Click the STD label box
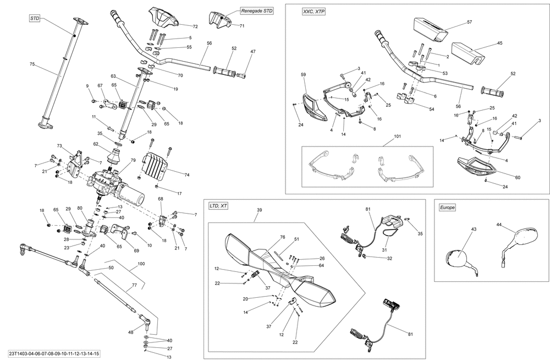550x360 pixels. point(34,19)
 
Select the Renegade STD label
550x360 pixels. point(257,11)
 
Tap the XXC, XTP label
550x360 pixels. point(313,12)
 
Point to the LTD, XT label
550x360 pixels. point(218,206)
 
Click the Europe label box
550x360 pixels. point(447,208)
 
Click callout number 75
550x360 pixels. point(32,64)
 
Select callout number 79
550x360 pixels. point(133,161)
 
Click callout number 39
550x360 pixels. point(259,210)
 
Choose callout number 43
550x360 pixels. point(474,230)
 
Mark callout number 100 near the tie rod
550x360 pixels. point(141,264)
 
